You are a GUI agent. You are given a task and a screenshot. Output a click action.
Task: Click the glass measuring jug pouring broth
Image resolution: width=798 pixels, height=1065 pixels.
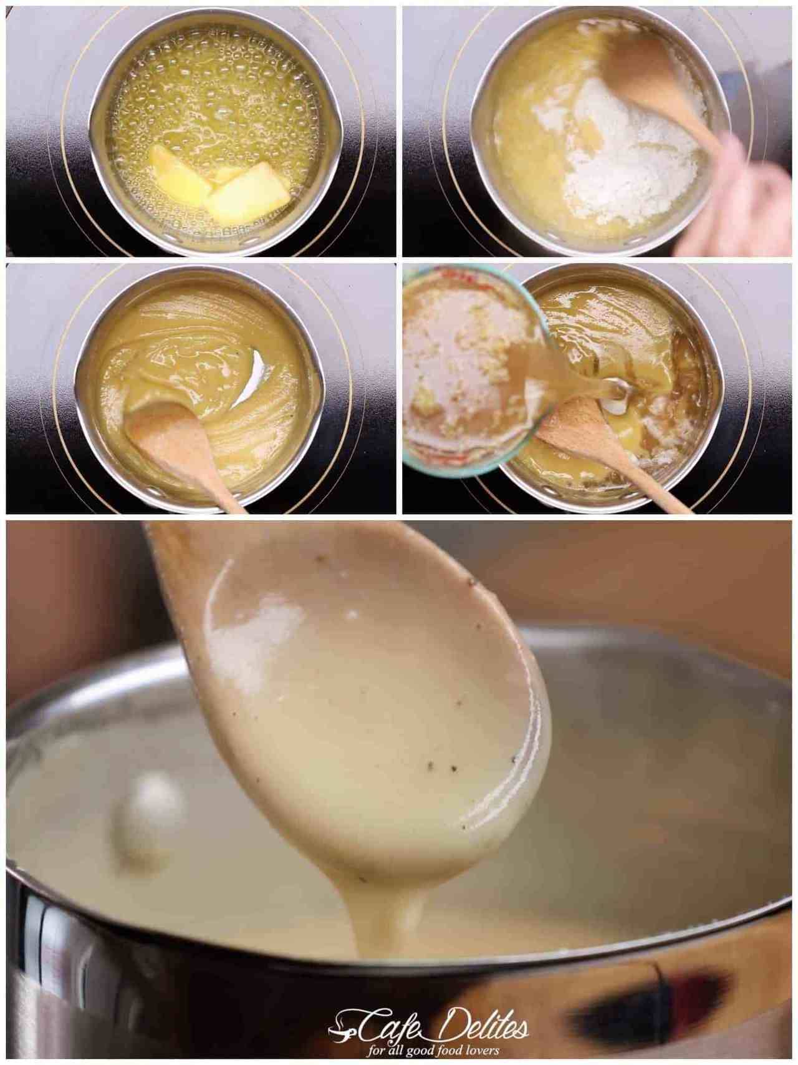474,368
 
